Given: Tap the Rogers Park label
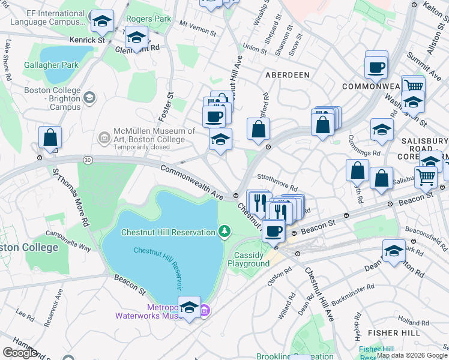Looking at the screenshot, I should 148,19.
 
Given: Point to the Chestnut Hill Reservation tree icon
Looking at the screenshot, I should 224,231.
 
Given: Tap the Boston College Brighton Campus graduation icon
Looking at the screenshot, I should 89,98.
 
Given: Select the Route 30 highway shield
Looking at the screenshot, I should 88,160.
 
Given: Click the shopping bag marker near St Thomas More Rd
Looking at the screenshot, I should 50,138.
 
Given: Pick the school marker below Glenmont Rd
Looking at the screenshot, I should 136,38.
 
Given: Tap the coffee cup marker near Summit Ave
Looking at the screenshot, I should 376,66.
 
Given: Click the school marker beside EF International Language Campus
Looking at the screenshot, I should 102,22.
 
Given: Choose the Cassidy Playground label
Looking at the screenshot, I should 252,259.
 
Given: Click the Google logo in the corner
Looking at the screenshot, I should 20,353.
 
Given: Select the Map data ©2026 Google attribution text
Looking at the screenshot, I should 411,355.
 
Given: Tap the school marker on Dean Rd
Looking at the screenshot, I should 394,251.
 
